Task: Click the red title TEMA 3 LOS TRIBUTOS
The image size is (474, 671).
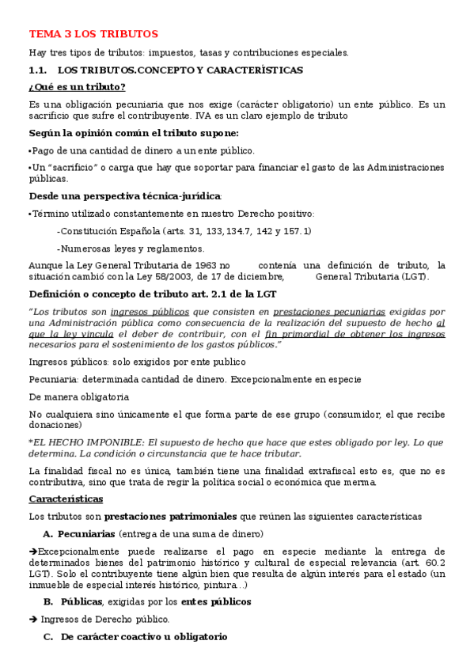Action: (x=93, y=34)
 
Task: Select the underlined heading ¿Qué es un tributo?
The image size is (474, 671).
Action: (x=77, y=87)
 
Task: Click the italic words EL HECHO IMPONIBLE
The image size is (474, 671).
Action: (x=88, y=442)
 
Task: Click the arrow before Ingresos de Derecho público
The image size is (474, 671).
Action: (x=32, y=619)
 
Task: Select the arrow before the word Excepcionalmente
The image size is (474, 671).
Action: (x=32, y=552)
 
